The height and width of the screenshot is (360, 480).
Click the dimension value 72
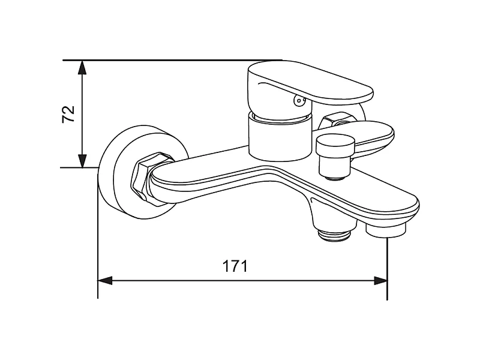pyautogui.click(x=68, y=114)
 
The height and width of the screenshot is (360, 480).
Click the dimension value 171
pyautogui.click(x=235, y=266)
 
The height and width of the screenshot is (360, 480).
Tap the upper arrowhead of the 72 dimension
pyautogui.click(x=82, y=68)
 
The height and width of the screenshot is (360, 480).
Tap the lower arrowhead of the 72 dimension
pyautogui.click(x=82, y=161)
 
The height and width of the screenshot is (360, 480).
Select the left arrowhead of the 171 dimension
pyautogui.click(x=105, y=280)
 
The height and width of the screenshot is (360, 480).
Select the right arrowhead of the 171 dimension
pyautogui.click(x=381, y=280)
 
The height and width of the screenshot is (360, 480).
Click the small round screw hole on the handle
pyautogui.click(x=298, y=100)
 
